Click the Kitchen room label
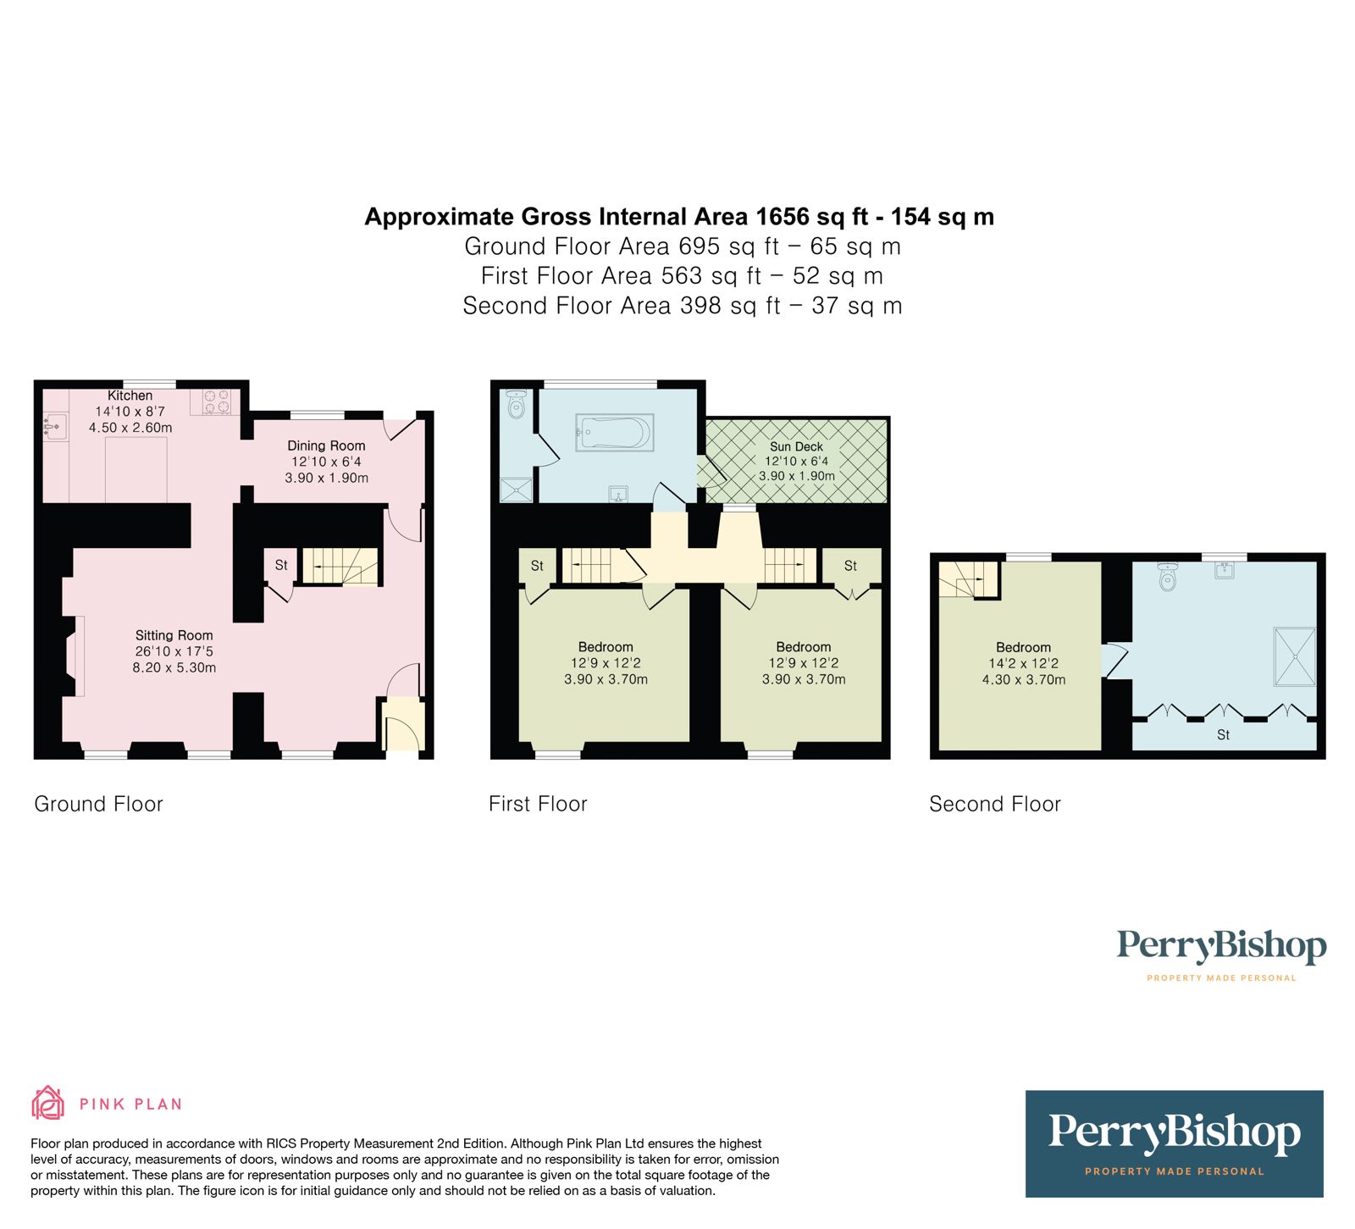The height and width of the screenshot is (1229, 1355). tap(130, 396)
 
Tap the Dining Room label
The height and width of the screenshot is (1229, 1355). tap(326, 446)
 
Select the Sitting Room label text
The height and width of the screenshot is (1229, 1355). tap(174, 635)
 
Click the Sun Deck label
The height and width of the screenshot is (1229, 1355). tap(796, 446)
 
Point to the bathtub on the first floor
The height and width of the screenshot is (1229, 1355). tap(614, 432)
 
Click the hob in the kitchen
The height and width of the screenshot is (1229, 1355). tap(217, 401)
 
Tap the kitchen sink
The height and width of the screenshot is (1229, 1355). tap(55, 426)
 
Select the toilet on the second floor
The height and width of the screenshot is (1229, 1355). tap(1169, 578)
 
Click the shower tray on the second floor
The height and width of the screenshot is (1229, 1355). tap(1295, 656)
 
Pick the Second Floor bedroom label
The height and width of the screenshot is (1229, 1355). tap(1023, 647)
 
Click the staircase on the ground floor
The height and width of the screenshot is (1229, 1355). tap(340, 566)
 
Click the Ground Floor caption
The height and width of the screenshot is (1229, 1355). tap(98, 804)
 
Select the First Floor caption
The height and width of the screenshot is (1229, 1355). tap(538, 804)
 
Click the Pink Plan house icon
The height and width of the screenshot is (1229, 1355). tap(47, 1103)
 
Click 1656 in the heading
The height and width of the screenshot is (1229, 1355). tap(783, 217)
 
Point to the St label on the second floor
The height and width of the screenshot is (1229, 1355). tap(1223, 734)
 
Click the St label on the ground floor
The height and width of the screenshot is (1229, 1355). tap(281, 565)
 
